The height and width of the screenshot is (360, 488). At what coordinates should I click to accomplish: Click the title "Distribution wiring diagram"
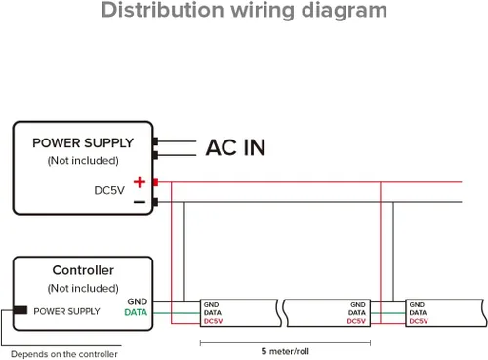pyautogui.click(x=244, y=11)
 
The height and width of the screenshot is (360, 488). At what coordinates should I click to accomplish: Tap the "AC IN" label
pyautogui.click(x=236, y=147)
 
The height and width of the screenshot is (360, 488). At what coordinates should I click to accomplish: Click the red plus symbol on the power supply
pyautogui.click(x=140, y=182)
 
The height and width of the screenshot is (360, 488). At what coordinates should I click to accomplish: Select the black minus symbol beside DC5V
pyautogui.click(x=140, y=202)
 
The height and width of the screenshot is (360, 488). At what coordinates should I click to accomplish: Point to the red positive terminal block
pyautogui.click(x=155, y=182)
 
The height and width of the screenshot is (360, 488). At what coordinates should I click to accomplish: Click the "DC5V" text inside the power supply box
pyautogui.click(x=109, y=190)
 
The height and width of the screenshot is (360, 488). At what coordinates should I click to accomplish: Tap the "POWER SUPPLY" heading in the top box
pyautogui.click(x=83, y=143)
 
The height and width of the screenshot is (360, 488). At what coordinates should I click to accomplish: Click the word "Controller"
pyautogui.click(x=83, y=270)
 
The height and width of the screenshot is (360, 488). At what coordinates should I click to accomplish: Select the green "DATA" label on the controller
pyautogui.click(x=136, y=312)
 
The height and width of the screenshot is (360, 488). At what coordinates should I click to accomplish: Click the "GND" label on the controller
pyautogui.click(x=138, y=301)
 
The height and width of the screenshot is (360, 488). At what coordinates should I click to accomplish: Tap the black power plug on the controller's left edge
pyautogui.click(x=20, y=310)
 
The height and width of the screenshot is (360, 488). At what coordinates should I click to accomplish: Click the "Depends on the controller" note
pyautogui.click(x=64, y=354)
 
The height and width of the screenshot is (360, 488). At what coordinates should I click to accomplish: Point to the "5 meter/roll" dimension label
pyautogui.click(x=285, y=351)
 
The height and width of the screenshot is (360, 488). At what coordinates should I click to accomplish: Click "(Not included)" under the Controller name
pyautogui.click(x=83, y=288)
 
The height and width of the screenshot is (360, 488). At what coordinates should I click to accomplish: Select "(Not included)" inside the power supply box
pyautogui.click(x=83, y=161)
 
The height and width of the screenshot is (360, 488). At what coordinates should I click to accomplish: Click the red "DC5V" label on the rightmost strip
pyautogui.click(x=419, y=321)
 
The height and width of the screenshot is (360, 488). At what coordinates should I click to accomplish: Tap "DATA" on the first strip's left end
pyautogui.click(x=213, y=313)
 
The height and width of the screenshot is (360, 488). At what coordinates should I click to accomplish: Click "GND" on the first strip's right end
pyautogui.click(x=358, y=305)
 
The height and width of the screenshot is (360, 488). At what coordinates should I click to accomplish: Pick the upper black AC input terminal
pyautogui.click(x=155, y=141)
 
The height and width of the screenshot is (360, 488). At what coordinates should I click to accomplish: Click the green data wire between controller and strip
pyautogui.click(x=177, y=313)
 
